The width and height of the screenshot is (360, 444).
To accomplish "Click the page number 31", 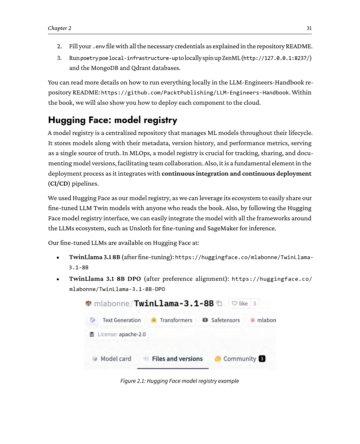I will click(309, 28).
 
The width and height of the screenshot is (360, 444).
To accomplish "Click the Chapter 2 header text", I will click(59, 28).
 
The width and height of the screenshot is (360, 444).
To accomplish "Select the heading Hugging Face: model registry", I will click(113, 120).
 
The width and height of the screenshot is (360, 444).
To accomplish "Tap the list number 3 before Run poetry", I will click(59, 58).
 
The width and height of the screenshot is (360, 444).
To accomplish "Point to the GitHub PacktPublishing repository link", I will click(195, 93).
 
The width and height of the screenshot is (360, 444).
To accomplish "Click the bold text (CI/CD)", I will click(59, 184).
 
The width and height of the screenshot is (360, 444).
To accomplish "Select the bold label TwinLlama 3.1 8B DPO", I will click(105, 279).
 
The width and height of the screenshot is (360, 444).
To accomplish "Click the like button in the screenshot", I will click(240, 303).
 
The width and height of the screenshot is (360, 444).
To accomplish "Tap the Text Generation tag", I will click(121, 320).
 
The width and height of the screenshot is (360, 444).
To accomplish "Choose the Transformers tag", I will click(176, 320).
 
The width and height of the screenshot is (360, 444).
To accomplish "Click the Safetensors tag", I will click(225, 320).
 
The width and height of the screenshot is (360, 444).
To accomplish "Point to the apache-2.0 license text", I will click(132, 334).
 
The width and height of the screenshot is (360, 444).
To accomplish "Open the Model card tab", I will click(115, 359).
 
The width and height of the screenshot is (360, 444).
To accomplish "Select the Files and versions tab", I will click(177, 359).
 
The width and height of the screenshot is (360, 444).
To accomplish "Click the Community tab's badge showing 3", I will click(262, 359).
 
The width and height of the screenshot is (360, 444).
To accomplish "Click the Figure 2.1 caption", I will click(180, 381).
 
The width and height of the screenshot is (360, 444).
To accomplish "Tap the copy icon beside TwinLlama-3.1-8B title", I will click(219, 303).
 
